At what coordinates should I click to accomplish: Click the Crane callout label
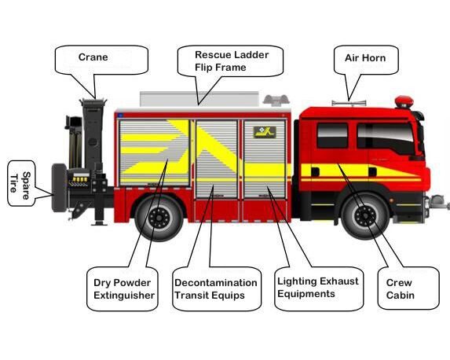pos(93,57)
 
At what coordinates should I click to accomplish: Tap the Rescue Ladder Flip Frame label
pos(232,61)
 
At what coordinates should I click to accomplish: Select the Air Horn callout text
pos(365,58)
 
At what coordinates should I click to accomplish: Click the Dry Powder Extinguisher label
pos(124,288)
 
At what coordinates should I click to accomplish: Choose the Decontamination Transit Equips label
pos(215,288)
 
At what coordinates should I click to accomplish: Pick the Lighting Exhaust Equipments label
pos(318,288)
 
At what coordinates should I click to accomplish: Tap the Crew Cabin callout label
pos(400,288)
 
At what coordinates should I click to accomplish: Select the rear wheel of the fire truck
pos(159,218)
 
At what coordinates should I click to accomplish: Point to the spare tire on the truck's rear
pos(59,188)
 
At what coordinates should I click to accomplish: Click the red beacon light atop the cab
pos(404,102)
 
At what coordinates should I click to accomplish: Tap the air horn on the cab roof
pos(349,103)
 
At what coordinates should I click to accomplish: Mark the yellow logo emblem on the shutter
pos(265,132)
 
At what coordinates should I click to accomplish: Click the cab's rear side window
pos(332,136)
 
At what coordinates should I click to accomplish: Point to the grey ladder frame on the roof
pos(199,99)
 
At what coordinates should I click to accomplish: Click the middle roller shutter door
pos(217,159)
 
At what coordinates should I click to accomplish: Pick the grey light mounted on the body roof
pos(276,101)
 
